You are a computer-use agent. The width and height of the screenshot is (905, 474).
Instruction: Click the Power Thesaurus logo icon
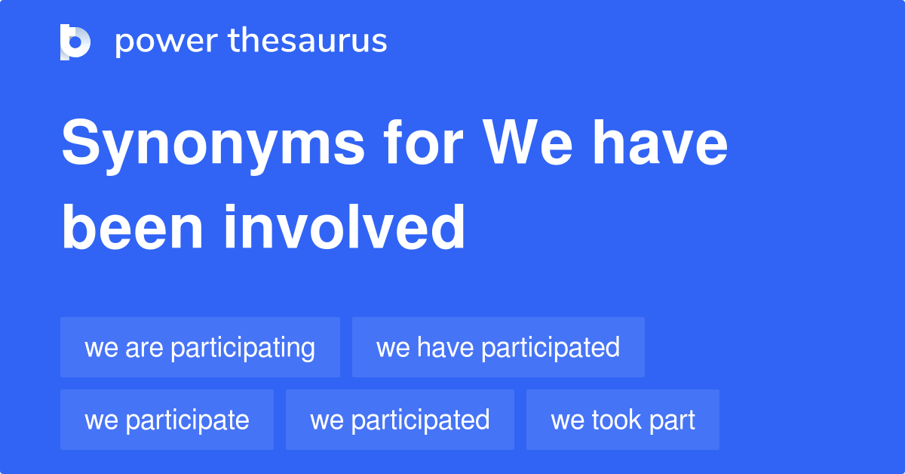pos(75,42)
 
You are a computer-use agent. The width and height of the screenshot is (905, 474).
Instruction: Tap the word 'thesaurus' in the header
pos(308,42)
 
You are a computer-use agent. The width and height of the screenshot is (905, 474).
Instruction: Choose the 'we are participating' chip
pos(200,347)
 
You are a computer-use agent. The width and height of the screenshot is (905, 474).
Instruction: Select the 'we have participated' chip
pos(498,347)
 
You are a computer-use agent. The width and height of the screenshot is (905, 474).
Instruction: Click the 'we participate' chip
pos(167,420)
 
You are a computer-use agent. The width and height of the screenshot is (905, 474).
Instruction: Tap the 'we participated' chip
pos(400,420)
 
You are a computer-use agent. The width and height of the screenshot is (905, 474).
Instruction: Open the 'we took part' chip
pos(623,420)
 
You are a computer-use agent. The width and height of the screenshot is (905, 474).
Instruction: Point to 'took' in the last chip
pos(618,420)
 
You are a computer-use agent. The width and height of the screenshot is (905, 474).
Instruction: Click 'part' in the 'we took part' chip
pos(673,420)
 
